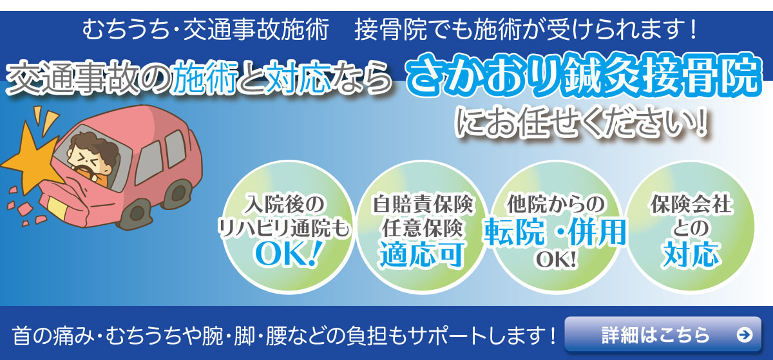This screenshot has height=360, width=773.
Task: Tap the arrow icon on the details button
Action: tap(743, 335)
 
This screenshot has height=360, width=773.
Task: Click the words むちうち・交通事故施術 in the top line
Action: tap(206, 29)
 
